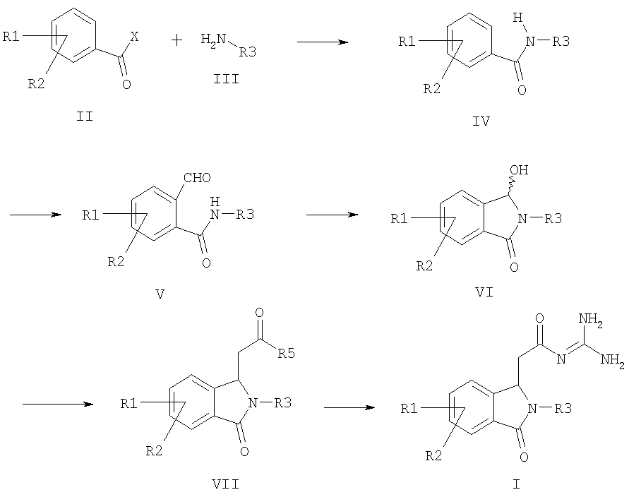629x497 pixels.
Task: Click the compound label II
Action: tap(85, 116)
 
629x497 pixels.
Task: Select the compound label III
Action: tap(226, 78)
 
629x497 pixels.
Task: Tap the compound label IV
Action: tap(481, 121)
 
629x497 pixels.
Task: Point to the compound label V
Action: tap(160, 294)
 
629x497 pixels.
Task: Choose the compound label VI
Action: tap(484, 292)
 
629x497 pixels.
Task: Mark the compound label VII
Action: tap(226, 484)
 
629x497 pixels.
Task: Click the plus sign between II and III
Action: tap(176, 40)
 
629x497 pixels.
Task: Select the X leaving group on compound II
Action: tap(134, 37)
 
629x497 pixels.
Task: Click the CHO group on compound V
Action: tap(197, 178)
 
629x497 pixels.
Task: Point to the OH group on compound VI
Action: tap(520, 170)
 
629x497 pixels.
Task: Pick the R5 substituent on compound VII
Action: tap(287, 353)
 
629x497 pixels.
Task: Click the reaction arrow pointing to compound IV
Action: tap(323, 42)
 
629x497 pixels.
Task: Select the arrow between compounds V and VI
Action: tap(333, 215)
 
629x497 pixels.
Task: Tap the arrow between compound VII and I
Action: tap(349, 407)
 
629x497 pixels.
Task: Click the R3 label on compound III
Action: tap(248, 52)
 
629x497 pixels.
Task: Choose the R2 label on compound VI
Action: tap(424, 265)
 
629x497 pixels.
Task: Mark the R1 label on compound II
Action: tap(11, 37)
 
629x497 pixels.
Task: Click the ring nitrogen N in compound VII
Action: tap(253, 402)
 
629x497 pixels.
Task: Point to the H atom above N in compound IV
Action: tap(518, 18)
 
